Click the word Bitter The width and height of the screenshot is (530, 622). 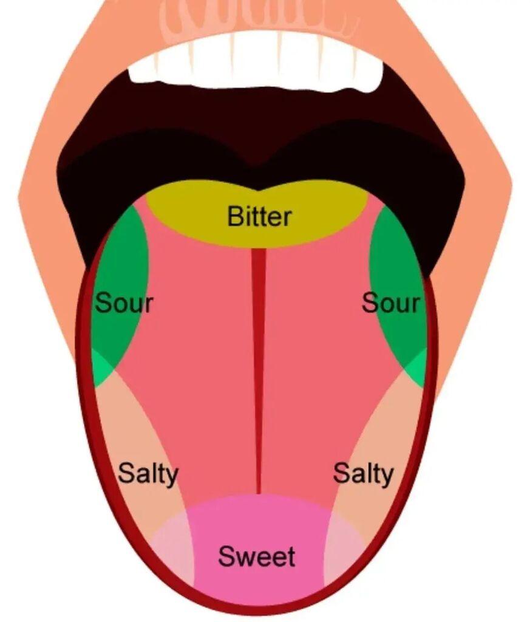pos(259,216)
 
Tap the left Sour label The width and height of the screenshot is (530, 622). pos(124,302)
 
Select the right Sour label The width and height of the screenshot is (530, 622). pos(390,302)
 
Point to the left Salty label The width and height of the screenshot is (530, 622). pos(148,473)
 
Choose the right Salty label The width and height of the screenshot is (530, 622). pos(363,473)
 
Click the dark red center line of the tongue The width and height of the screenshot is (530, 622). pos(259,364)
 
